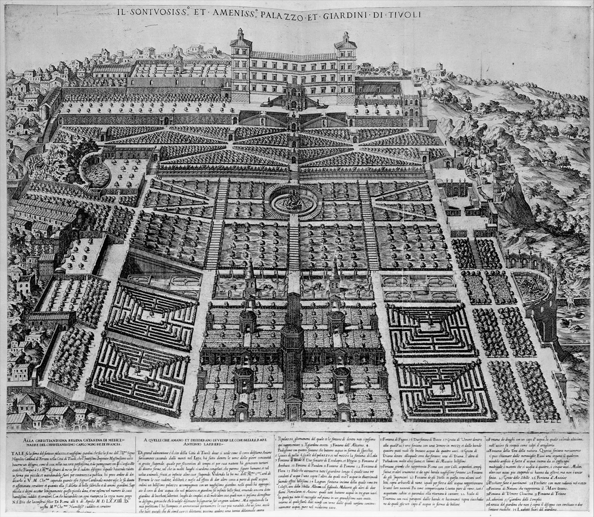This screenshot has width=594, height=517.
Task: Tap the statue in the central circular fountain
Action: click(293, 200)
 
